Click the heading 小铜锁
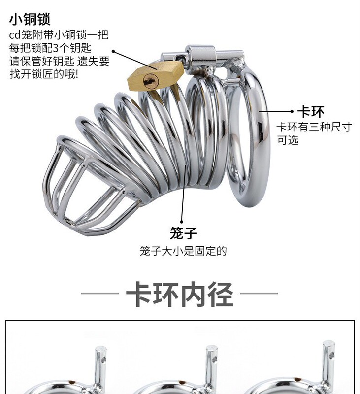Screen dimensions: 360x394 coord(30,20)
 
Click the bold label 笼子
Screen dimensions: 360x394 coord(183,232)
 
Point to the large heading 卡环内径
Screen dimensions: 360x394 coord(179,294)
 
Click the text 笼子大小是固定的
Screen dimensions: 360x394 coord(183,251)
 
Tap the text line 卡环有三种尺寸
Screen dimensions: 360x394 coord(314,127)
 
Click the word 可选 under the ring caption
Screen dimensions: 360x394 coord(288,140)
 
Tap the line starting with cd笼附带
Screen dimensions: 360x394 coord(59,35)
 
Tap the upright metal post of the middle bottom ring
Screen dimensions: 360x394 coord(211,362)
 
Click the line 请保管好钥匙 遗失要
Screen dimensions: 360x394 coord(60,62)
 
